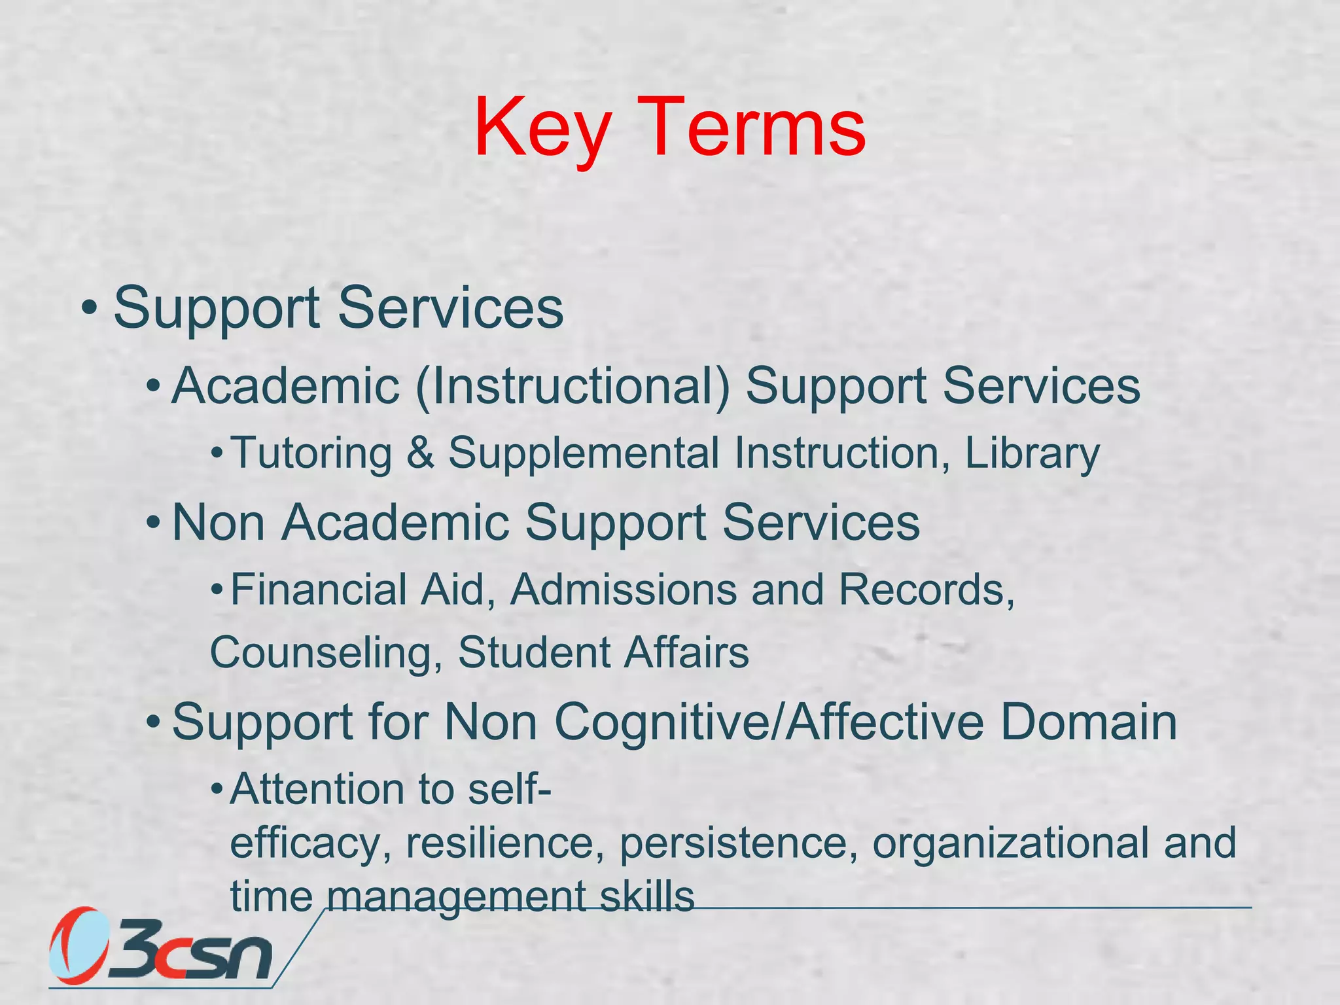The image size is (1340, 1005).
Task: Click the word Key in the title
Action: coord(543,128)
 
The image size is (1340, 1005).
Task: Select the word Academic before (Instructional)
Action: coord(285,386)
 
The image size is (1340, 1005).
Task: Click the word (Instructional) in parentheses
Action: coord(573,386)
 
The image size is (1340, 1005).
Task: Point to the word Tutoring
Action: coord(311,453)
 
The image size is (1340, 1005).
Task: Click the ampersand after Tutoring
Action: coord(420,453)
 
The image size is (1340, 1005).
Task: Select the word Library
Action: coord(1032,453)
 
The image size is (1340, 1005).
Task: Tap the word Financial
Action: coord(318,590)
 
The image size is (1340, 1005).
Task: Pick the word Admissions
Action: coord(624,590)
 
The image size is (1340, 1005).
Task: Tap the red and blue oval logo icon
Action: coord(79,946)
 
